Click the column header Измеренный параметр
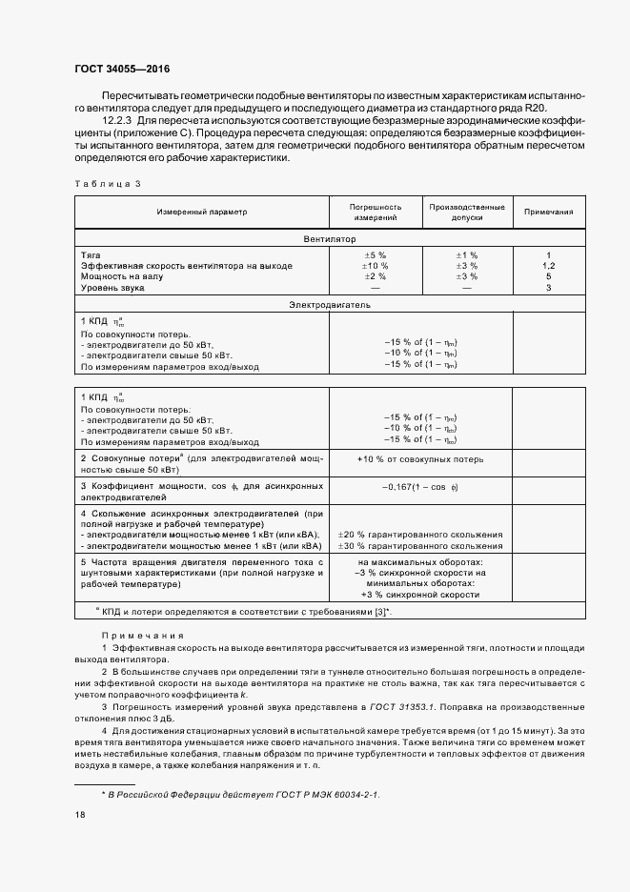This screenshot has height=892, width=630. (x=201, y=212)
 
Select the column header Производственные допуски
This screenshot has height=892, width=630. (x=466, y=212)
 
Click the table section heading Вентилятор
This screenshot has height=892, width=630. (x=330, y=239)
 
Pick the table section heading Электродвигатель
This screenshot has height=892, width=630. (x=330, y=305)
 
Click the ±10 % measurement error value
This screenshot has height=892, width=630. (x=375, y=266)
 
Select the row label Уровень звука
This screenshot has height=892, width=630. (x=113, y=287)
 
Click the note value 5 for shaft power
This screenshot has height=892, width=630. (x=549, y=276)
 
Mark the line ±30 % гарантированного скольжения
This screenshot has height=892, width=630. (x=420, y=546)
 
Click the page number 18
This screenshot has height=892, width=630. (x=80, y=815)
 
